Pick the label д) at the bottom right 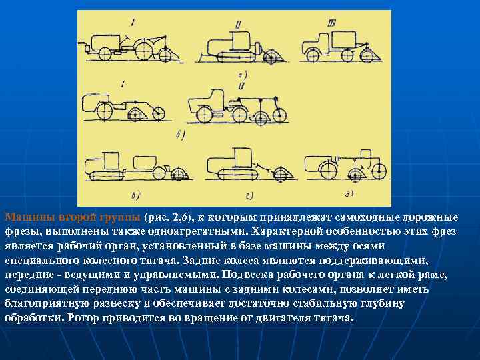(x=348, y=194)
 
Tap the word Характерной (x=291, y=231)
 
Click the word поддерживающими (x=373, y=261)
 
